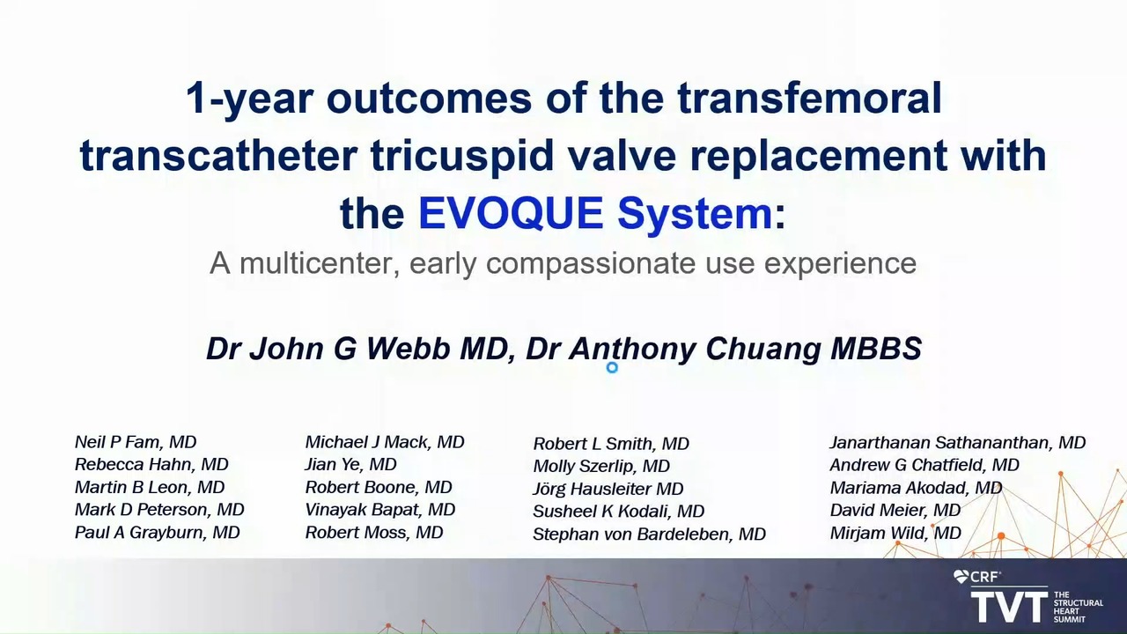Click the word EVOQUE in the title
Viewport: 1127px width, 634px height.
point(510,213)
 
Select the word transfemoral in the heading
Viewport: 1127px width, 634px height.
point(809,98)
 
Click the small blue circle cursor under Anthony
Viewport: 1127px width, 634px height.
point(612,368)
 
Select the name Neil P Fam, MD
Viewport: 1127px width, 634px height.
point(136,442)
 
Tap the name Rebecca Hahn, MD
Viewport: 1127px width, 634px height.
point(151,464)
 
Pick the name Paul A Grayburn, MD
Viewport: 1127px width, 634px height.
point(157,533)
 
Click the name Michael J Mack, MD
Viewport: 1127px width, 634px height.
point(385,442)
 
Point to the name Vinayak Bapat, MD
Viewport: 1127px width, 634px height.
point(379,510)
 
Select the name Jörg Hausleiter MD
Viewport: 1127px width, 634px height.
point(608,489)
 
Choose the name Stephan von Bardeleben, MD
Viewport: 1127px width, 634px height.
point(649,534)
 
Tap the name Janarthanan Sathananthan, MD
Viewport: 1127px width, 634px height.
point(957,443)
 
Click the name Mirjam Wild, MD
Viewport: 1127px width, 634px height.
point(895,533)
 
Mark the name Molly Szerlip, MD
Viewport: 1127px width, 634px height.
point(601,466)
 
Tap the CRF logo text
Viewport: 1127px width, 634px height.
point(984,577)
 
